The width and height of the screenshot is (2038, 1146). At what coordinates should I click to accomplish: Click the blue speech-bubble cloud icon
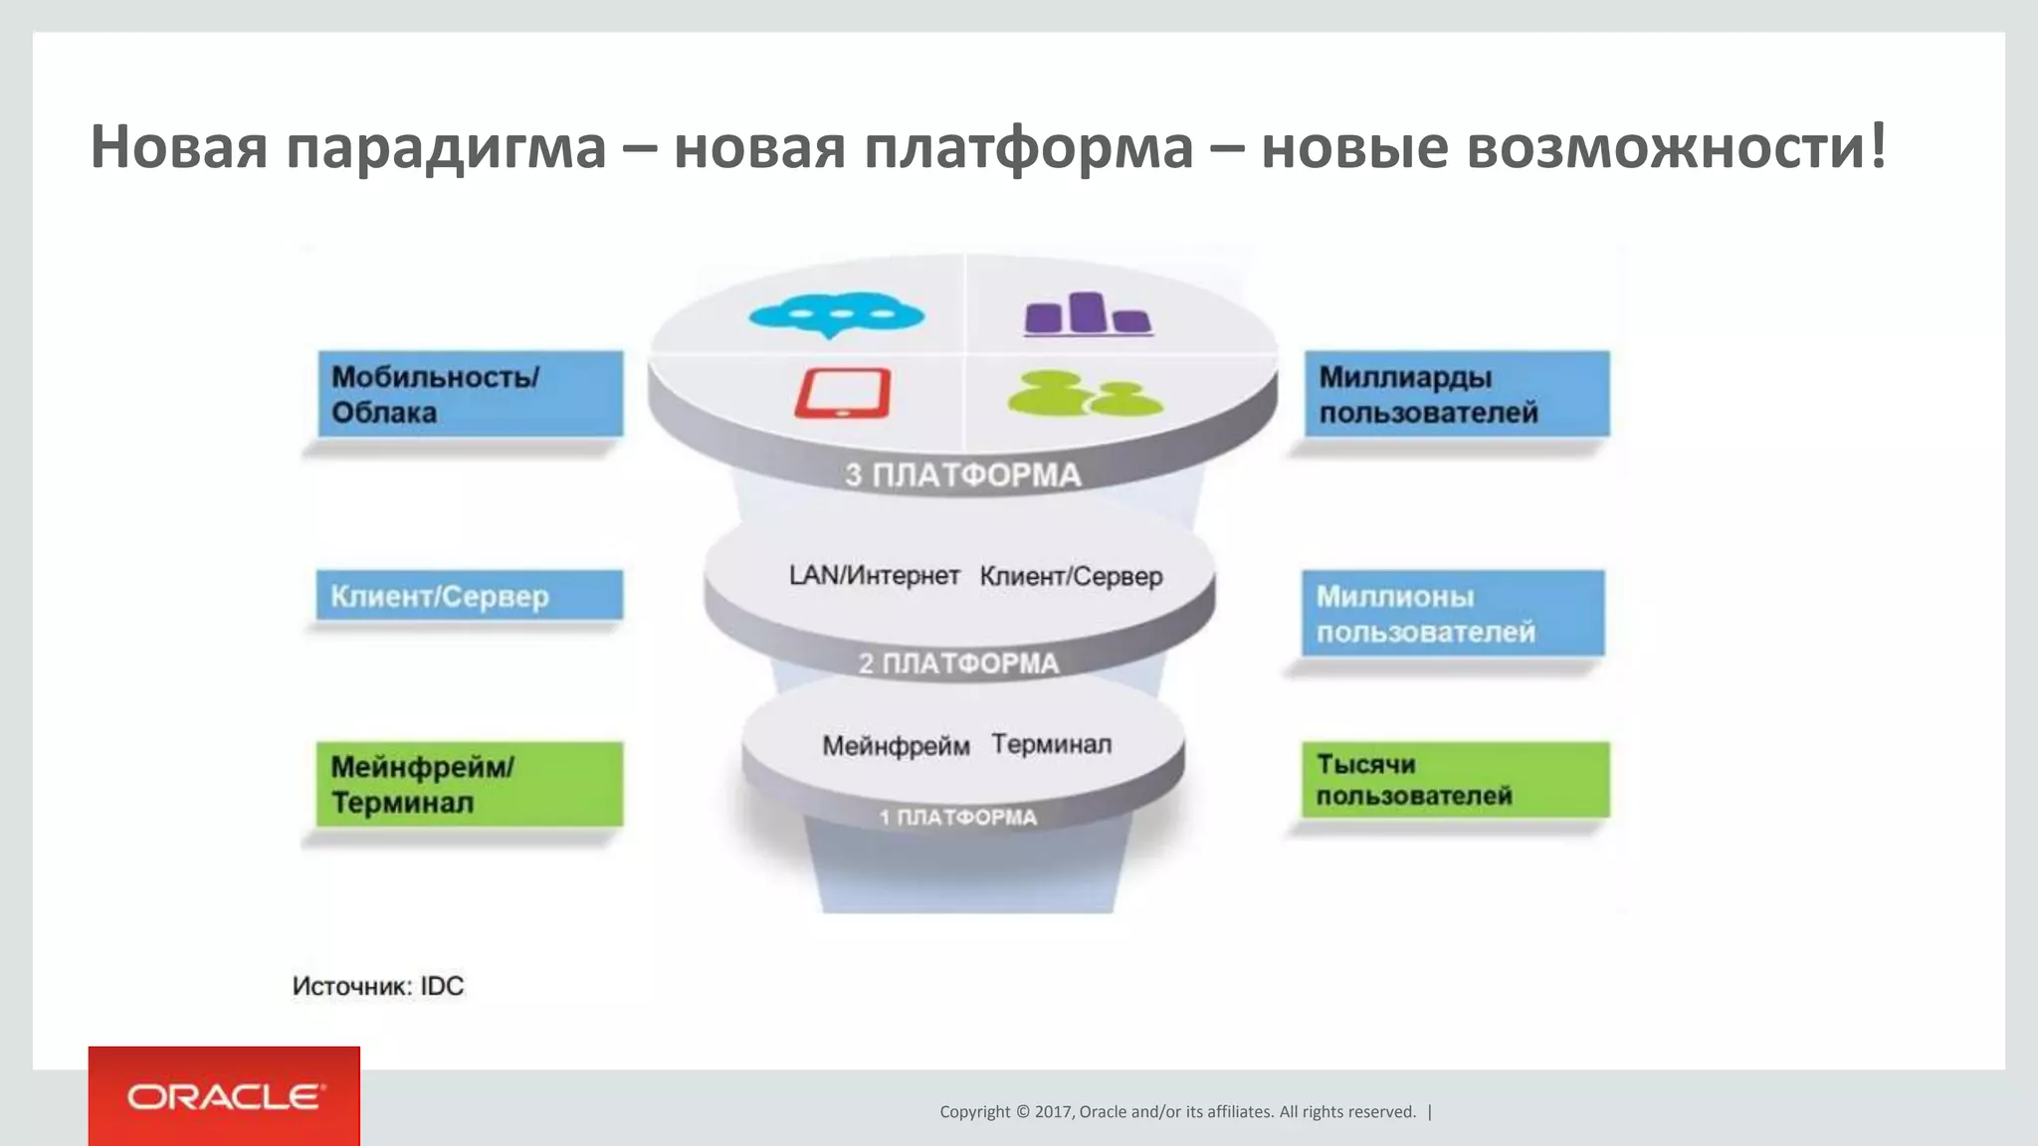(x=836, y=315)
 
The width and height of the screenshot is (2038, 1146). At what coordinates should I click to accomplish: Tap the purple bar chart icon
(x=1088, y=313)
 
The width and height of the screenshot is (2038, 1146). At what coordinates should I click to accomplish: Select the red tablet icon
(x=842, y=393)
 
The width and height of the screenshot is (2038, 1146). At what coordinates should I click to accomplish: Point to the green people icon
(x=1084, y=394)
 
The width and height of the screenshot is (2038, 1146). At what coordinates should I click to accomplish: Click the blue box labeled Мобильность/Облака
(x=471, y=394)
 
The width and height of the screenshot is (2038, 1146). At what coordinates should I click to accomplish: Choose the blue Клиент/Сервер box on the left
(x=470, y=596)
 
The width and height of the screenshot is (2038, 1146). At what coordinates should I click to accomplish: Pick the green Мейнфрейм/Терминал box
(x=470, y=784)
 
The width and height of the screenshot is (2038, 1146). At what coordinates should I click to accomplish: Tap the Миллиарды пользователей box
(x=1457, y=394)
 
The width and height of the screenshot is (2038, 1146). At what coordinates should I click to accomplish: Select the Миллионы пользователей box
(x=1453, y=613)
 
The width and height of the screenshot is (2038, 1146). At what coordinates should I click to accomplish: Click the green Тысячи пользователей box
(x=1455, y=780)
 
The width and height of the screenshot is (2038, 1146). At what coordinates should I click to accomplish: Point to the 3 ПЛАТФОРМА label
(x=962, y=476)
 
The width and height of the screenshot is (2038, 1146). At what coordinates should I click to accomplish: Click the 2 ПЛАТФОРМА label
(x=958, y=664)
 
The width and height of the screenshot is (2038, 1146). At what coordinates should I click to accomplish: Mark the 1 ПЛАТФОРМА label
(x=957, y=818)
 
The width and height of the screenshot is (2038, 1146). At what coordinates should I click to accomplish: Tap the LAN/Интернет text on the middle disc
(x=874, y=576)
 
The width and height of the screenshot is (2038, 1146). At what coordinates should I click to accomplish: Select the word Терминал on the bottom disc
(x=1051, y=745)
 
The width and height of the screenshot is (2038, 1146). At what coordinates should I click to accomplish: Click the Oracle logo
(x=225, y=1096)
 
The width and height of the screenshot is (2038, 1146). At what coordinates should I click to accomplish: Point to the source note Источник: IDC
(x=378, y=986)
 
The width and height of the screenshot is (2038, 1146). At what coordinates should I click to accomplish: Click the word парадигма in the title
(x=446, y=147)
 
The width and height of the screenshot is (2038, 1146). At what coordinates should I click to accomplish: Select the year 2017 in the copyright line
(x=1053, y=1112)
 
